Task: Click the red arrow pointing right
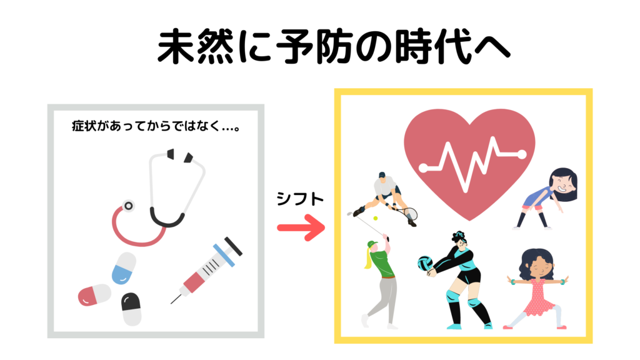tap(301, 227)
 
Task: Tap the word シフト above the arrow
tap(300, 199)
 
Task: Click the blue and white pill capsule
tap(124, 268)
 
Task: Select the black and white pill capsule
tap(131, 309)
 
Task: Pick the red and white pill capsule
tap(94, 295)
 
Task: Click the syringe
tap(206, 270)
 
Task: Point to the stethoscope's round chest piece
tap(129, 206)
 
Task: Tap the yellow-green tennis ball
tap(376, 218)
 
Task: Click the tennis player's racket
tap(406, 213)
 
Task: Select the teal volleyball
tap(425, 263)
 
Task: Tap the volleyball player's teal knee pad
tap(454, 296)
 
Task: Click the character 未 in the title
tap(176, 46)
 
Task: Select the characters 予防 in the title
tap(314, 46)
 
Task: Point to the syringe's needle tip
tap(171, 303)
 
